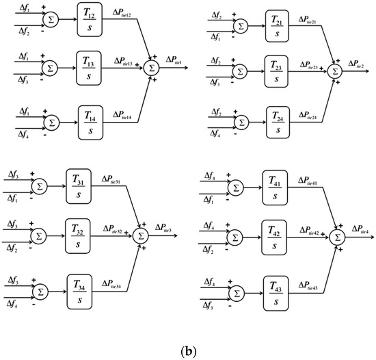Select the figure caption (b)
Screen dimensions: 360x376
click(187, 349)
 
